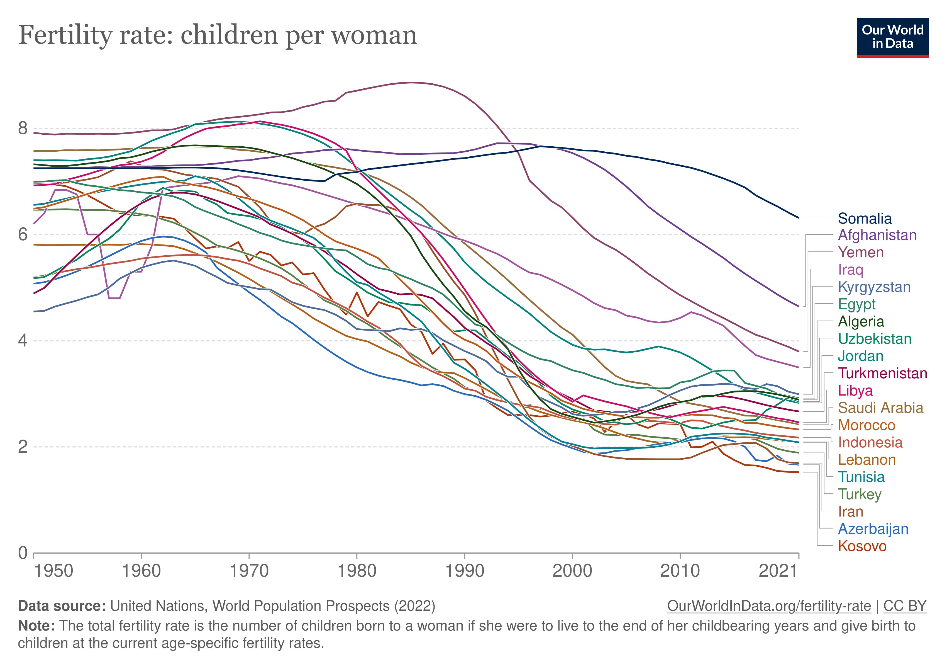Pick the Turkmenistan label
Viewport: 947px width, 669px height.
tap(883, 374)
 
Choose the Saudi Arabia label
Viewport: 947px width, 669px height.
tap(881, 408)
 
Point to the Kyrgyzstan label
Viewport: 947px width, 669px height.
tap(874, 287)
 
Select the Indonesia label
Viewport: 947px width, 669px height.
tap(870, 443)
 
